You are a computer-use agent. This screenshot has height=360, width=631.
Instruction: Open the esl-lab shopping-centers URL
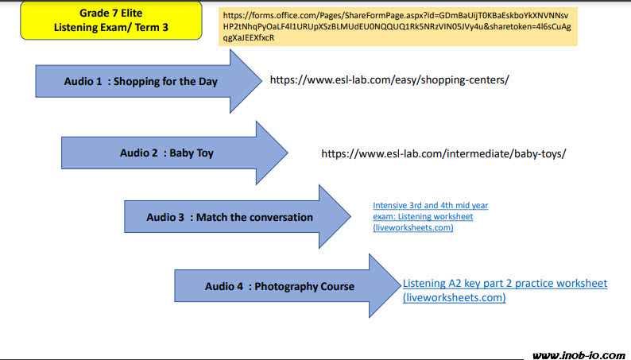pyautogui.click(x=389, y=80)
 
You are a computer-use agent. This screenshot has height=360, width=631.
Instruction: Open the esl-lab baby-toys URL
pyautogui.click(x=443, y=153)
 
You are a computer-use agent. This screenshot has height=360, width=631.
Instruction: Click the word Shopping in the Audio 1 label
pyautogui.click(x=140, y=81)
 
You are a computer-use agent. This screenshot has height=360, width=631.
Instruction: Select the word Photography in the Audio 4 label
pyautogui.click(x=287, y=286)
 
